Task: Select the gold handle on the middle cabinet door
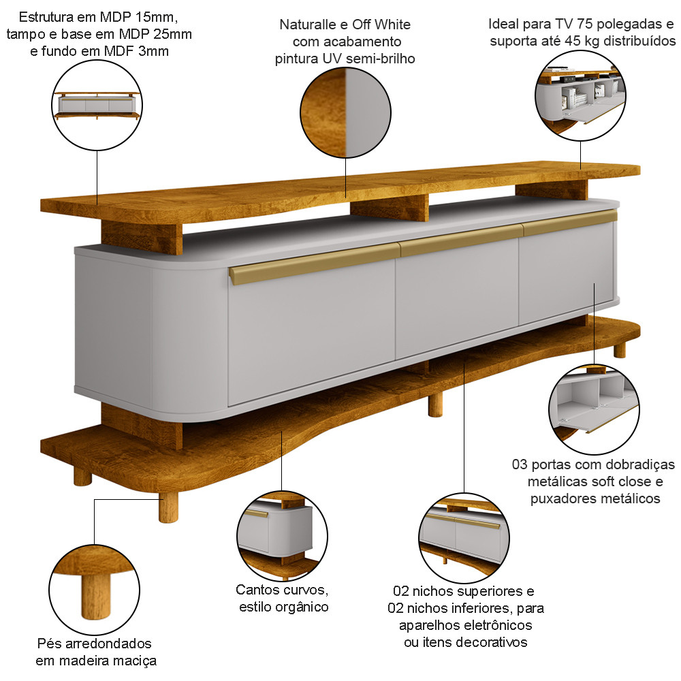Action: (461, 239)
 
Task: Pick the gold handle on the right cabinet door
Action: (569, 222)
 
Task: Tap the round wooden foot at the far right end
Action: (620, 349)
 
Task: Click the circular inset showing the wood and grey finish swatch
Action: (346, 113)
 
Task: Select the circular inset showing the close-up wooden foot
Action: (95, 590)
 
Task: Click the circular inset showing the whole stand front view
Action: (97, 106)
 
